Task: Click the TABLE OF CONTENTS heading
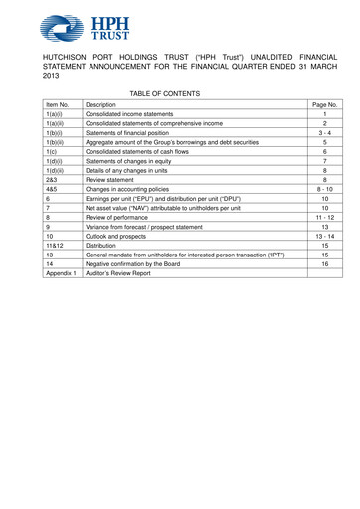click(164, 93)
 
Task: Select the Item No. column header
click(57, 104)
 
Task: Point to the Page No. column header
click(325, 104)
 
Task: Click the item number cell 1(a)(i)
click(55, 116)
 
